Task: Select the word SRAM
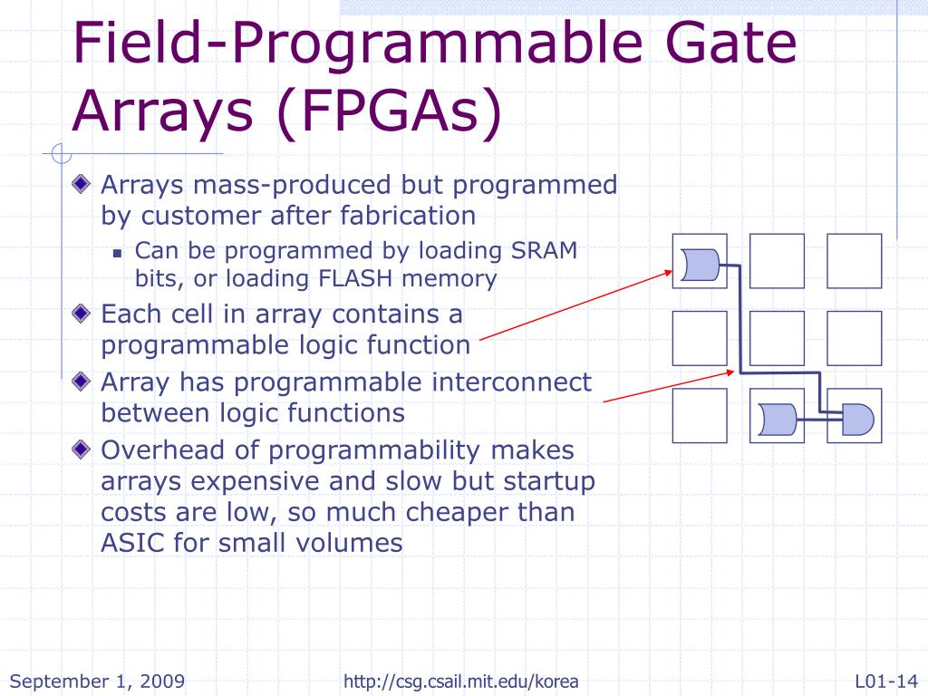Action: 545,250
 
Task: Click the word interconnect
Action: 511,382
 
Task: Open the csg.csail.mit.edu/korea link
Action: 461,681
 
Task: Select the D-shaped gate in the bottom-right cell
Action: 856,418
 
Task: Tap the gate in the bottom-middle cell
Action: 778,418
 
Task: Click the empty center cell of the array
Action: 777,338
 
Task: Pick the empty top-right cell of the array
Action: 854,261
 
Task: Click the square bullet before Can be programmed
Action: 118,253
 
